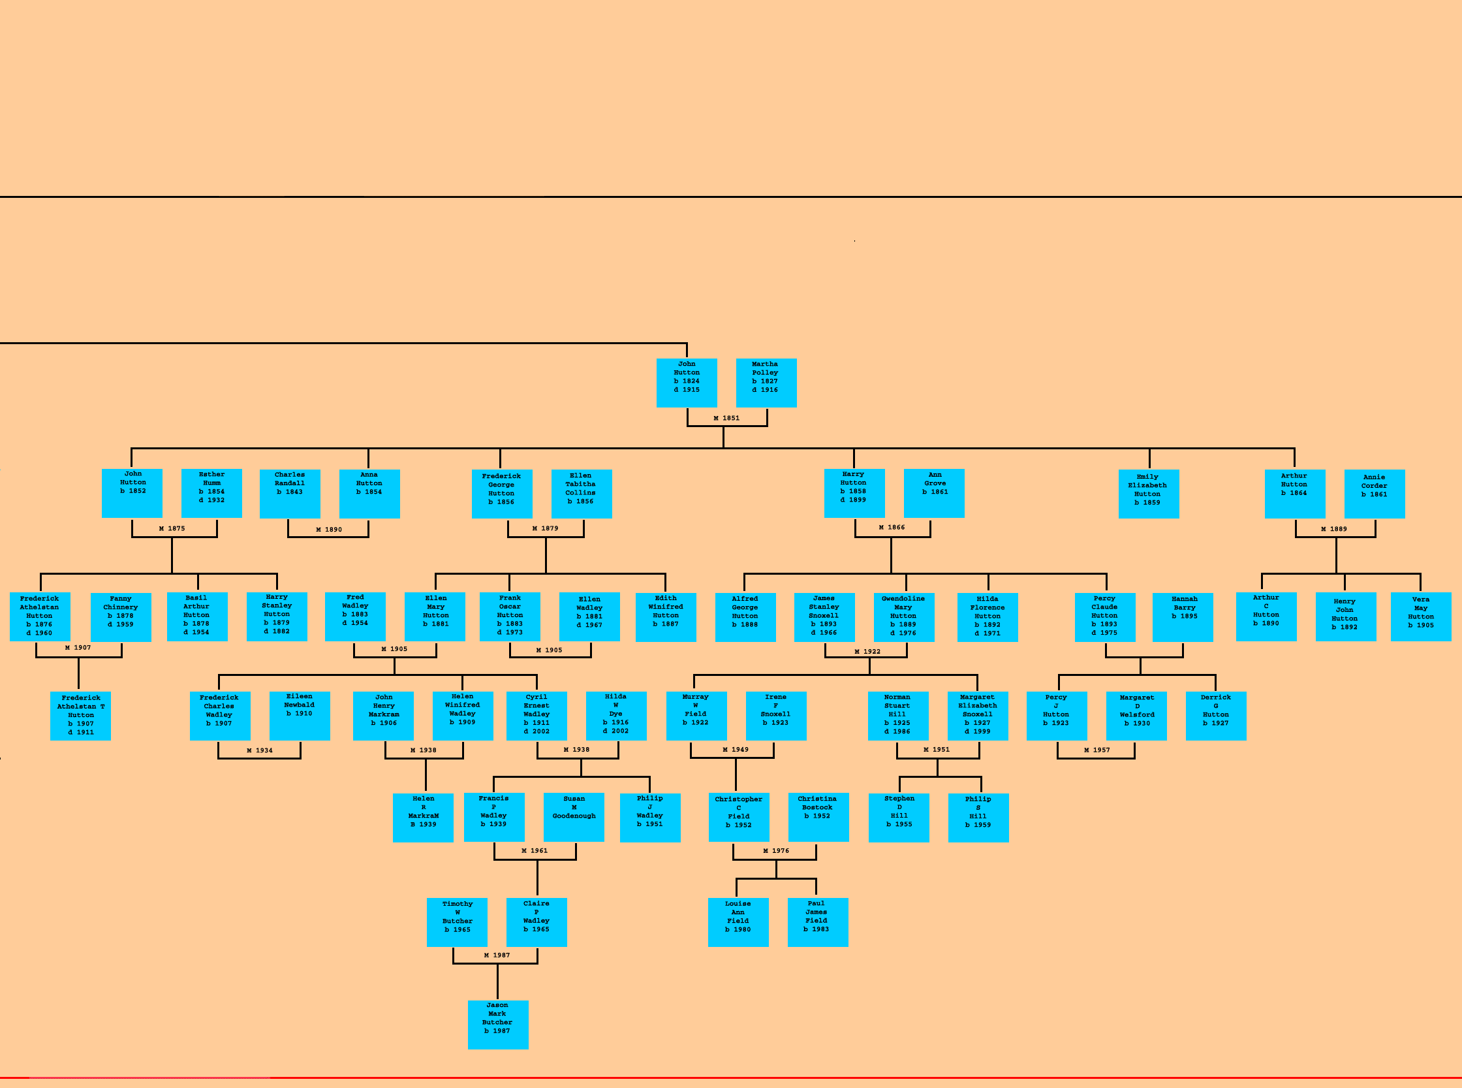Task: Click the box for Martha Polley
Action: tap(766, 383)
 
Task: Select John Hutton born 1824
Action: tap(687, 383)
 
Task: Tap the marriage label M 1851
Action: tap(726, 418)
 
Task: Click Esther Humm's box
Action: tap(211, 493)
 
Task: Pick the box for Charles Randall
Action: tap(290, 493)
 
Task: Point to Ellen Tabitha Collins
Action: tap(582, 493)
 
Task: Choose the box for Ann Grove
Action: tap(933, 492)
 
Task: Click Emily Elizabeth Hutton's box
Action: tap(1148, 493)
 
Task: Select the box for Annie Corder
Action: tap(1374, 493)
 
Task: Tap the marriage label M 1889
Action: tap(1333, 529)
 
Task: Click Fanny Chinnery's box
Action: tap(121, 617)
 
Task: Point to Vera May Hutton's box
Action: tap(1420, 616)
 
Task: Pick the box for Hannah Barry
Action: tap(1182, 617)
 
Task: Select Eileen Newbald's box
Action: tap(300, 715)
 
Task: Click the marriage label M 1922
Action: tap(867, 651)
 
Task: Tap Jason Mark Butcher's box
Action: tap(497, 1024)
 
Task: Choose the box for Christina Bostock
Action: tap(818, 818)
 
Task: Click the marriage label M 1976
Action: tap(775, 851)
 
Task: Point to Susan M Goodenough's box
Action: tap(573, 818)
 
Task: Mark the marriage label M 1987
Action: tap(496, 955)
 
